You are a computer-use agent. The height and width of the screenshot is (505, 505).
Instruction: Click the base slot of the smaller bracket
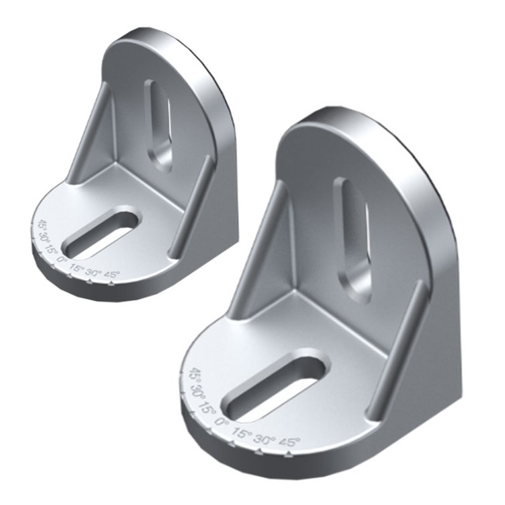pyautogui.click(x=102, y=234)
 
